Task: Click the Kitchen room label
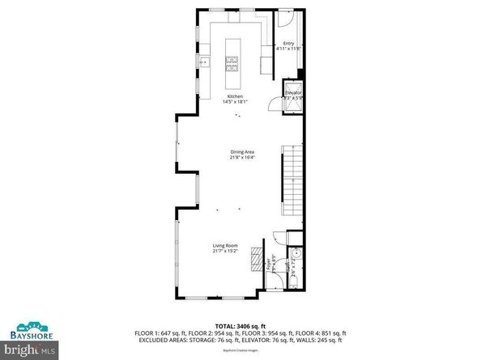(234, 96)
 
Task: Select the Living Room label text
(225, 245)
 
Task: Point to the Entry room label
(288, 44)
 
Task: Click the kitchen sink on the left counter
(202, 60)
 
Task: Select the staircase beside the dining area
(291, 183)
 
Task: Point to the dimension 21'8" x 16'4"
(240, 158)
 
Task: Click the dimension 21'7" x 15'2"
(225, 251)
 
